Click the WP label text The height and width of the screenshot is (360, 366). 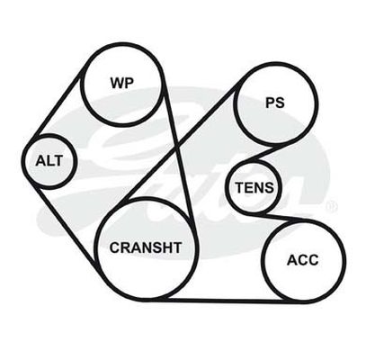[122, 83]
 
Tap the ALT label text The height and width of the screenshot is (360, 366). [49, 161]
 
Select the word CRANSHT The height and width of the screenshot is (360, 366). [146, 247]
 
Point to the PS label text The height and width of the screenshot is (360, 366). [275, 103]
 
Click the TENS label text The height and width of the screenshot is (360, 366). [254, 188]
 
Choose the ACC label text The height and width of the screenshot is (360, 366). [303, 260]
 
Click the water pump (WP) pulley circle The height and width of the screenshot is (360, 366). [122, 44]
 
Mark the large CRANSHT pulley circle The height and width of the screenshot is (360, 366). [146, 198]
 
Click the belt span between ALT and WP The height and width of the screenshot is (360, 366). [57, 105]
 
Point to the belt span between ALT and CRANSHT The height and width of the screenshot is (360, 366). [66, 227]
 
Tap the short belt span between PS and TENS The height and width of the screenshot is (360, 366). [260, 154]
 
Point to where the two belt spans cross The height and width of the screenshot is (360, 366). [178, 146]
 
